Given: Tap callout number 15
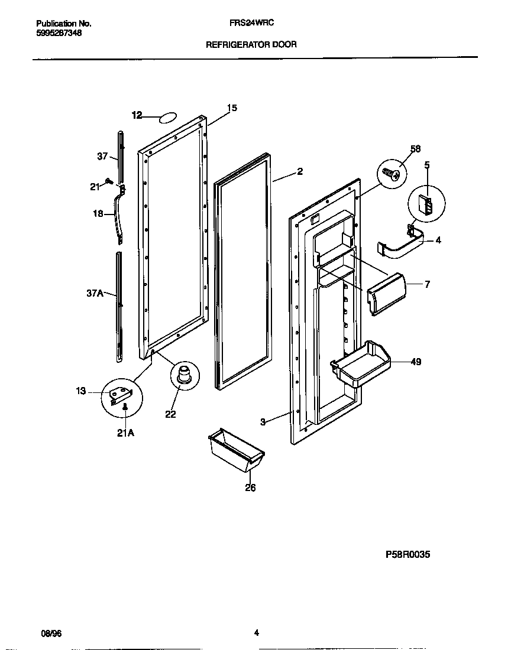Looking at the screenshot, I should (232, 108).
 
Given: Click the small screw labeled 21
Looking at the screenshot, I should (108, 181).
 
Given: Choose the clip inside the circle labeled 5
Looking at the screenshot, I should (425, 204).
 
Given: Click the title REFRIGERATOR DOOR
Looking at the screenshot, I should (251, 44).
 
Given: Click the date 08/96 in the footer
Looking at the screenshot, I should (51, 633).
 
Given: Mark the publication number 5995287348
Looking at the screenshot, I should (59, 33).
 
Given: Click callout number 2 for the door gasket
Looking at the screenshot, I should (300, 171).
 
